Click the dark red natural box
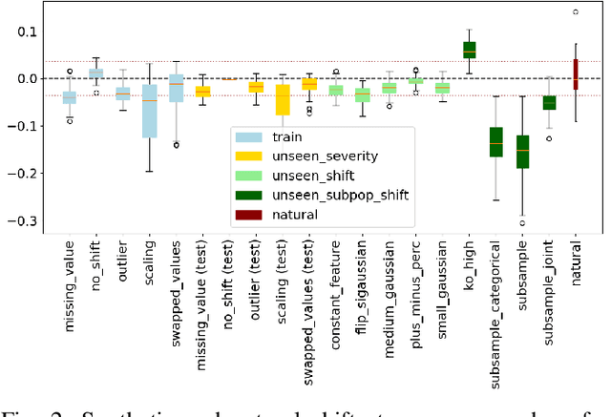tap(576, 74)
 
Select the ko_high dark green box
tap(469, 50)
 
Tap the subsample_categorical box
tap(495, 141)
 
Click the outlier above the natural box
tap(576, 12)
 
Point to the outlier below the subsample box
tap(522, 222)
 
